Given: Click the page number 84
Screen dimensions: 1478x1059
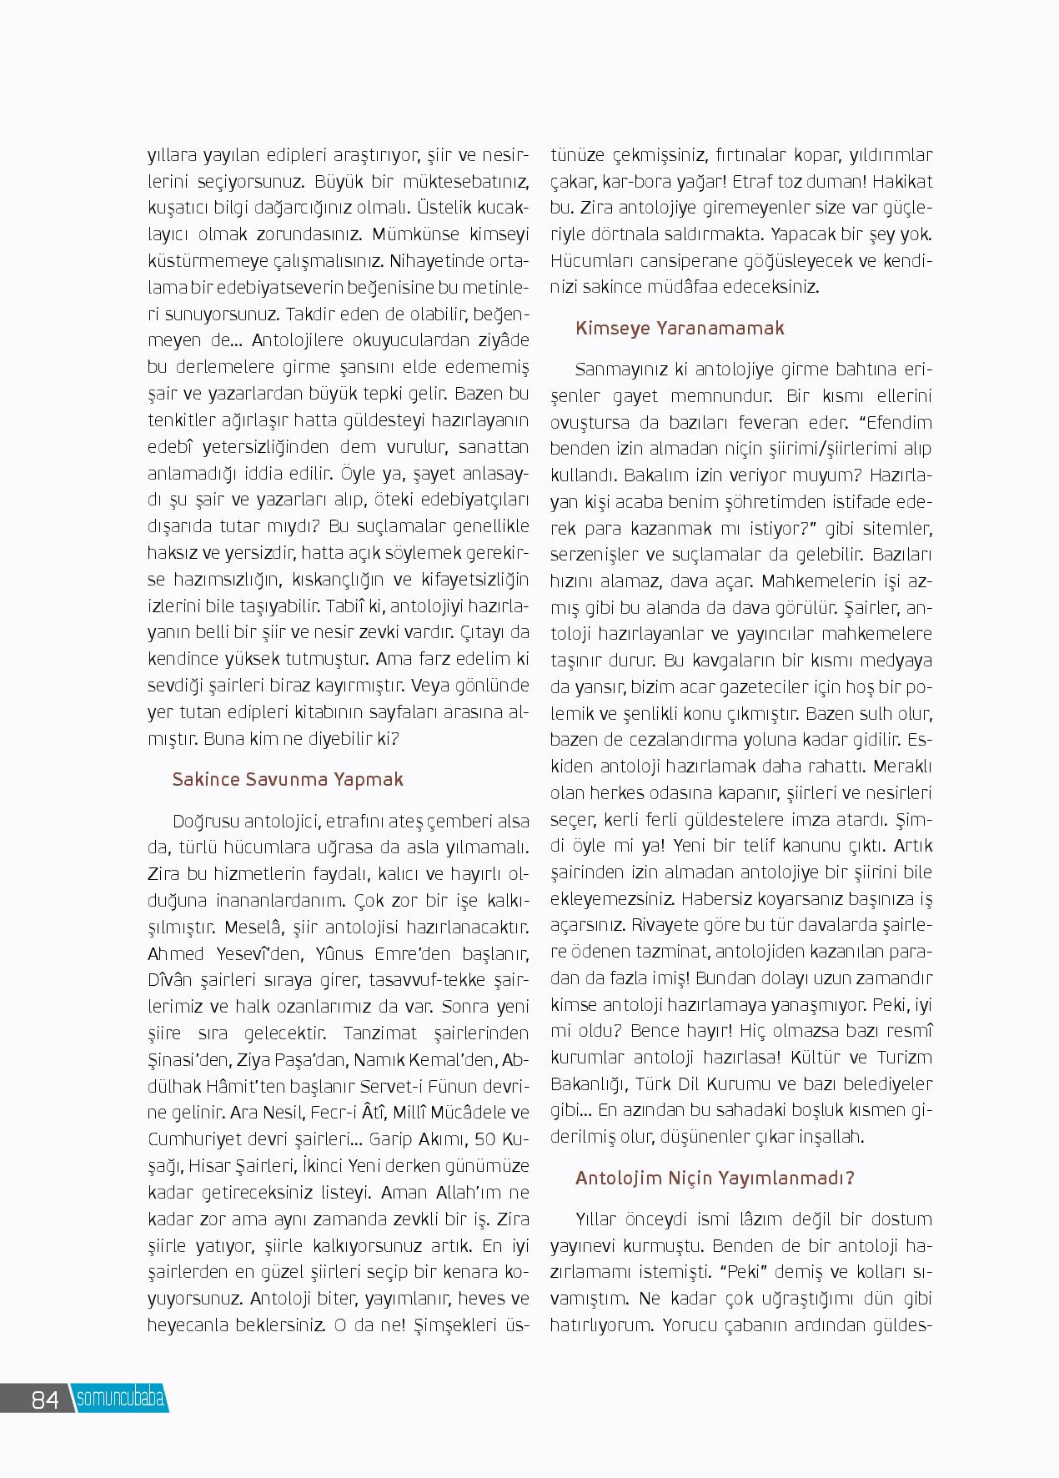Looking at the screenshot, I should click(45, 1399).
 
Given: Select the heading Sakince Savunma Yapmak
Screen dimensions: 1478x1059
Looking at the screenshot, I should click(288, 779).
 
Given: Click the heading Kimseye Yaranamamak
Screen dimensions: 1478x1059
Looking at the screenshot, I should click(680, 328).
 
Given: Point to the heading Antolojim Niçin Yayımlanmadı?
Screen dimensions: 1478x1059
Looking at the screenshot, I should click(715, 1178).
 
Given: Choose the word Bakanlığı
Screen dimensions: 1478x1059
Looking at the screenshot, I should click(588, 1084).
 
